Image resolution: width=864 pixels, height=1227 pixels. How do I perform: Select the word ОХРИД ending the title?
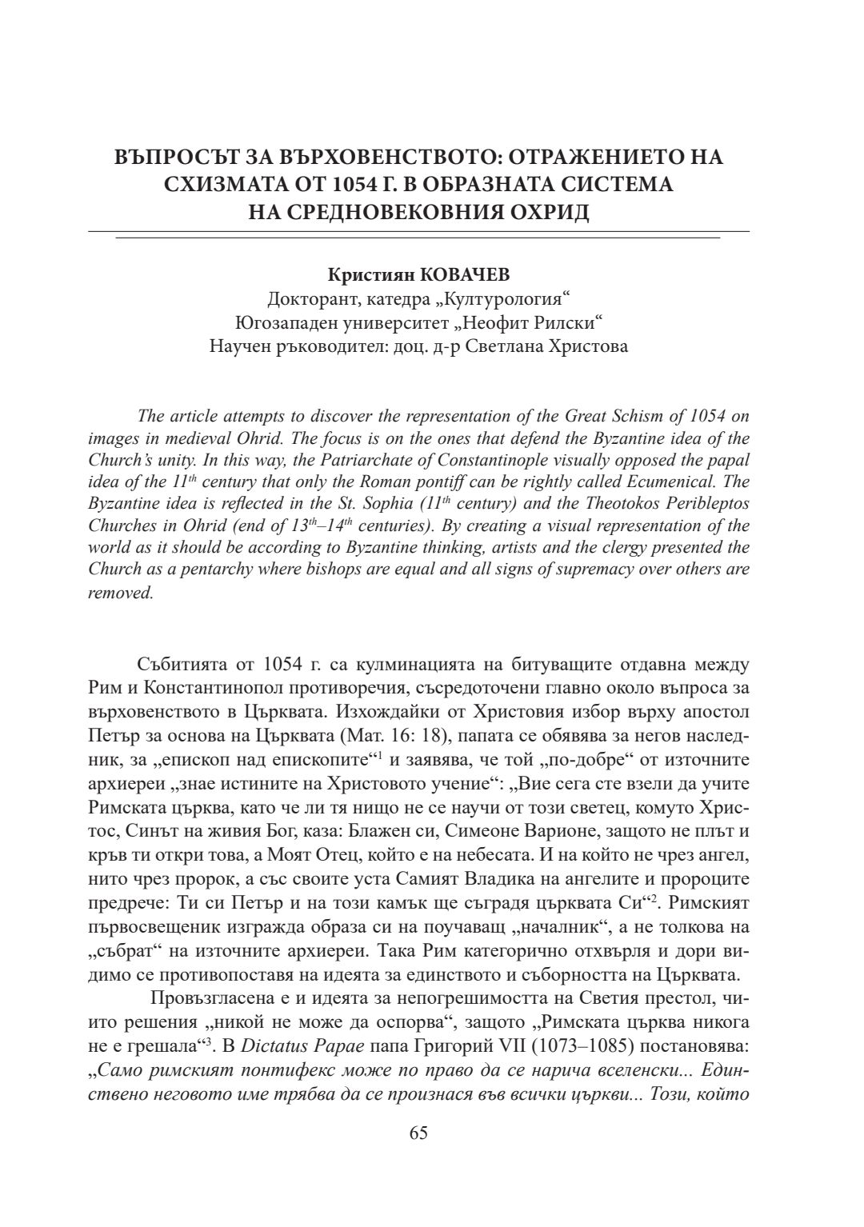click(550, 214)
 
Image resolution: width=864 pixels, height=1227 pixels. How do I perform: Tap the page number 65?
click(418, 1133)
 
